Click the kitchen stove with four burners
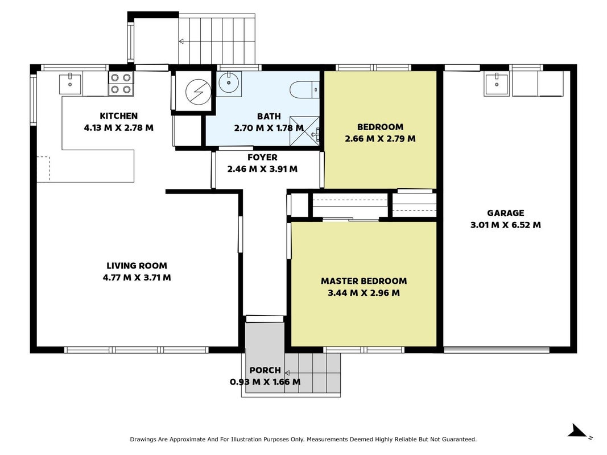click(121, 84)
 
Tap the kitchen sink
click(70, 84)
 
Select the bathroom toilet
click(304, 90)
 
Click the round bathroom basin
click(229, 83)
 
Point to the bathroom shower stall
click(305, 131)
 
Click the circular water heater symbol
click(198, 92)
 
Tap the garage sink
click(496, 84)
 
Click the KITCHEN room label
click(118, 115)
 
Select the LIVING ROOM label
click(137, 266)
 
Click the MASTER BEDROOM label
click(364, 281)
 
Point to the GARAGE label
click(505, 213)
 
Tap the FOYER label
click(262, 157)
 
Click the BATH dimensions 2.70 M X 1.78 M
click(269, 127)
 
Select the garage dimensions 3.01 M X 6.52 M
click(505, 225)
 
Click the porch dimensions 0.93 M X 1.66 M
click(265, 382)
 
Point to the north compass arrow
click(577, 431)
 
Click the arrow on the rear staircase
click(217, 40)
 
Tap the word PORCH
click(265, 370)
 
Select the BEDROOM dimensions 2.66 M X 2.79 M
click(380, 139)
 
